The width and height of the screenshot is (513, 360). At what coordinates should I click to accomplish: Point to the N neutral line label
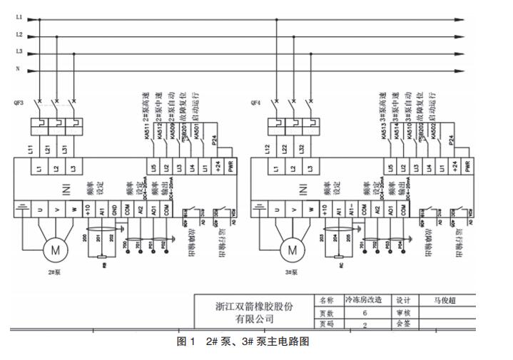click(19, 69)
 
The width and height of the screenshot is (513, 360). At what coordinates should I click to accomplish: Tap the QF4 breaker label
click(255, 103)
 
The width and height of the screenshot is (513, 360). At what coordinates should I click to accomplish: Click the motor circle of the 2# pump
click(55, 249)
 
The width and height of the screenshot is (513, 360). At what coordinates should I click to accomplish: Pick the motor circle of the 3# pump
click(291, 249)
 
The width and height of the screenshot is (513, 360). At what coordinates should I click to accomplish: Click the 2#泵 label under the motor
click(55, 272)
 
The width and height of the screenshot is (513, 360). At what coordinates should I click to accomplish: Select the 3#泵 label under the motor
click(291, 272)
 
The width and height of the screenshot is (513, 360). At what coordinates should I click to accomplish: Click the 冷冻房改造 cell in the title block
click(365, 300)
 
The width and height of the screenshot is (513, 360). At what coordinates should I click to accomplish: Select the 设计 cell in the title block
click(404, 300)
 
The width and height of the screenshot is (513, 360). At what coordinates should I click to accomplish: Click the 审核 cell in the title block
click(404, 312)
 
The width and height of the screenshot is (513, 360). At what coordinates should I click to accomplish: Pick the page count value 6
click(365, 312)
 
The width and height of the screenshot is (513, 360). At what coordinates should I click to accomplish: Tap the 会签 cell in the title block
click(404, 324)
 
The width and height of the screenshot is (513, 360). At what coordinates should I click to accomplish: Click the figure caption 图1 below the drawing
click(186, 341)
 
